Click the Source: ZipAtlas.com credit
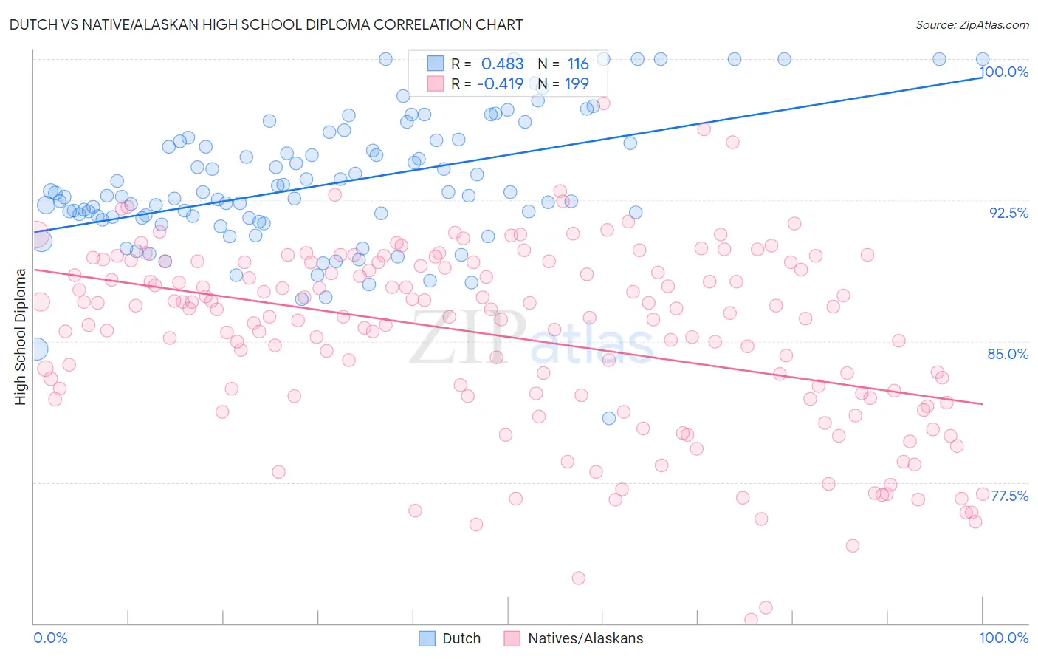coord(972,24)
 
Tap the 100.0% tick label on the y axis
coord(1004,72)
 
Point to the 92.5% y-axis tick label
coord(1008,213)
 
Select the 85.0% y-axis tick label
coord(1008,354)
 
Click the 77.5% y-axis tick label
coord(1009,496)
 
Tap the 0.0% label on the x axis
coord(50,638)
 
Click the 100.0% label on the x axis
coord(1003,638)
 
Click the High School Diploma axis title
coord(21,337)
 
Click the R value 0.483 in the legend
coord(502,64)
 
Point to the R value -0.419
coord(500,84)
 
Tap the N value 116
coord(578,64)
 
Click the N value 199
coord(577,84)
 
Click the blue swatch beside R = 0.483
coord(436,64)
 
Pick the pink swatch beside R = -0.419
coord(436,83)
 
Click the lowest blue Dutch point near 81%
coord(609,418)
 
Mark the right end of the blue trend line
coord(982,77)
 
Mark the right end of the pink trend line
coord(982,404)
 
